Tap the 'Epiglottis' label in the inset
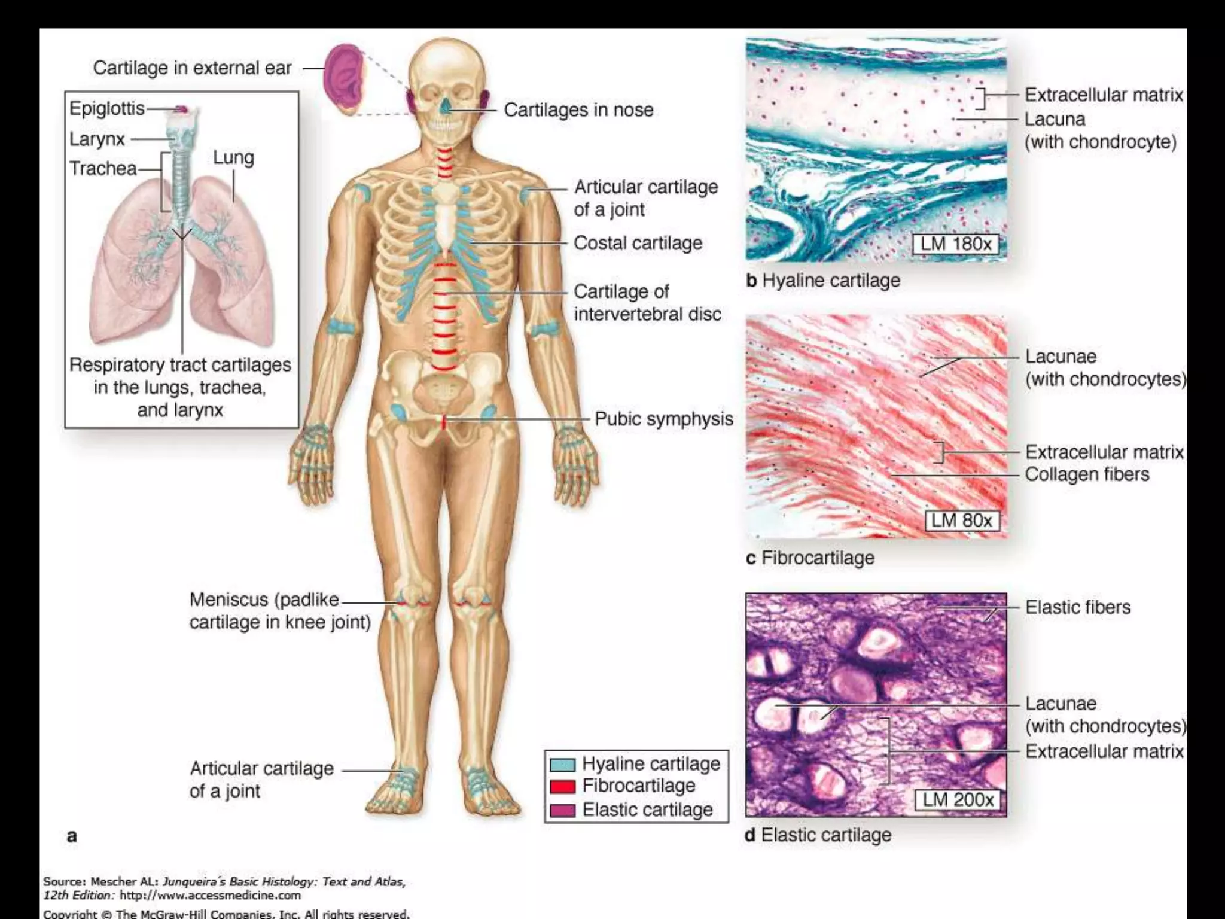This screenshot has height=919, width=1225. tap(106, 108)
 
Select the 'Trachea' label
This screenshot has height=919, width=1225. tap(103, 168)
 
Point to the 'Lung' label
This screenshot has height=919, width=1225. tap(233, 157)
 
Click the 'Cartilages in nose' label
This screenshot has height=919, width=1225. tap(578, 110)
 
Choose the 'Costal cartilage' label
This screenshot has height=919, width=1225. tap(638, 243)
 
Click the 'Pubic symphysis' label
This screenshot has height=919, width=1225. tap(664, 419)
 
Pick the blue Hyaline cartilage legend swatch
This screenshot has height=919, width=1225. tap(562, 765)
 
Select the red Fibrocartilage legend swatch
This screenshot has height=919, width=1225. tap(562, 786)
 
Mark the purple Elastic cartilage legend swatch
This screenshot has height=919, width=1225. tap(562, 810)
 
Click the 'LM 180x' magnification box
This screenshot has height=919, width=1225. tap(955, 244)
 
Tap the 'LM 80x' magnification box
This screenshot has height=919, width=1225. tap(962, 521)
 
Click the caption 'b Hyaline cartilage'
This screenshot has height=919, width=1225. tap(823, 281)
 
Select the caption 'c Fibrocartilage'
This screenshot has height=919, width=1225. tap(810, 558)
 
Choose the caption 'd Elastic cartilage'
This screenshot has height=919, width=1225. tap(818, 835)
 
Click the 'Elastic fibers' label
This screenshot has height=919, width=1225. tap(1078, 607)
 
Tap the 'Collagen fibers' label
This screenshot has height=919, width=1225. tap(1087, 474)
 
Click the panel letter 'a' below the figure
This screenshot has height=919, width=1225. tap(72, 836)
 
